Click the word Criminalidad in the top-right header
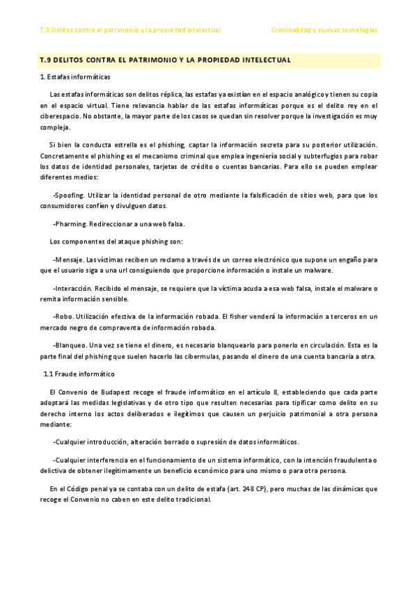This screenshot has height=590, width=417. click(291, 31)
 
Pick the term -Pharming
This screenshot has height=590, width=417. click(69, 224)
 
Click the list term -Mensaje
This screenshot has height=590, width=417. click(68, 259)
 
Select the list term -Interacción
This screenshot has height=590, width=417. click(72, 288)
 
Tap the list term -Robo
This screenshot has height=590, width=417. click(63, 317)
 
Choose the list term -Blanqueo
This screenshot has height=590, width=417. click(70, 345)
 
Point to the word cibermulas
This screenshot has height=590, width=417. click(217, 356)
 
